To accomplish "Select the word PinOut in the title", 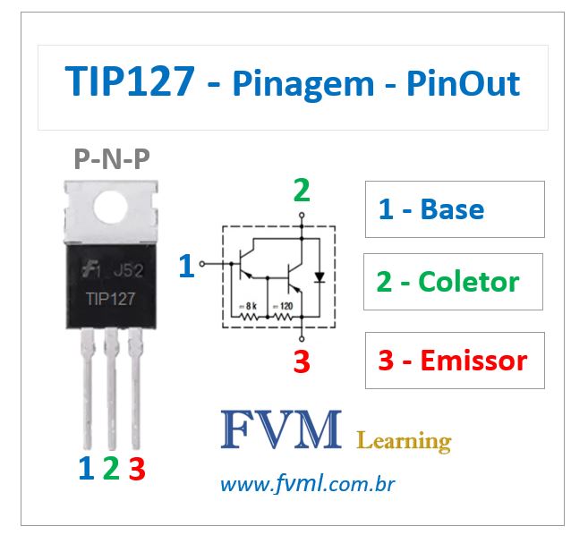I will pos(463,84).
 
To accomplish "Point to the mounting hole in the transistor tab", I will pos(112,207).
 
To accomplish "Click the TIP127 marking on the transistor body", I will pos(111,298).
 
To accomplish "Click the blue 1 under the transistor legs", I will pos(86,468).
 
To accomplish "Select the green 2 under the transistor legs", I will pos(111,468).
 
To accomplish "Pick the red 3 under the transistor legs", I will pos(136,468).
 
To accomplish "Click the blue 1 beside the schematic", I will pos(186,266).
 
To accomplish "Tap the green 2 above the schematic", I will pos(303,191).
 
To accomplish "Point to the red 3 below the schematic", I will pos(303,362).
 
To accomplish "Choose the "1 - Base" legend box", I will pos(455,209).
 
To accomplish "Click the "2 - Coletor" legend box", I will pos(454,282).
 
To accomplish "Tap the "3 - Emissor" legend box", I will pos(455,361).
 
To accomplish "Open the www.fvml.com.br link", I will pos(307,485).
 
